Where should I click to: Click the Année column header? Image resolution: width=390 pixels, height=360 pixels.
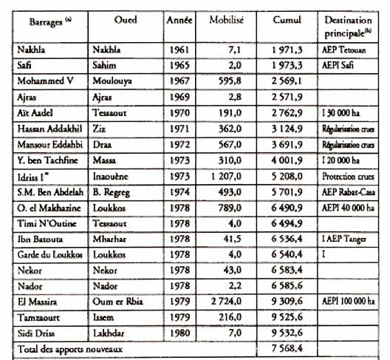point(179,19)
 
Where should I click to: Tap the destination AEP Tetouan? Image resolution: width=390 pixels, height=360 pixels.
point(346,50)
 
